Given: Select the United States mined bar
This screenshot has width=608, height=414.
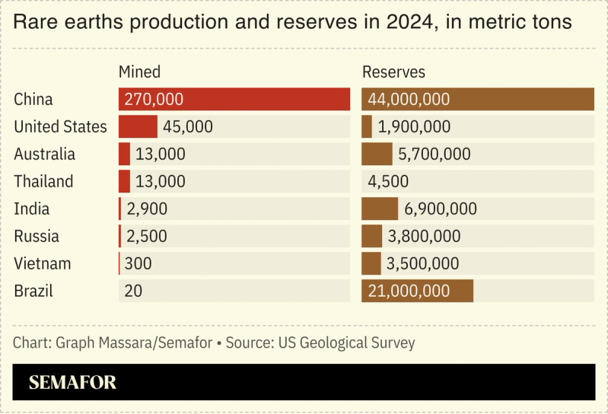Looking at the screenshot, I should tap(138, 127).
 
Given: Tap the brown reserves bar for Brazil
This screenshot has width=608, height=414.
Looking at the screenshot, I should tap(417, 291).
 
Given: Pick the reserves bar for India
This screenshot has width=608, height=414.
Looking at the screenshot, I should tap(379, 209).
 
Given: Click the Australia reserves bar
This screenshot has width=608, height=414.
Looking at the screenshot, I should tap(377, 154).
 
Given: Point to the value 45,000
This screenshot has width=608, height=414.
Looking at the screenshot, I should tap(188, 127).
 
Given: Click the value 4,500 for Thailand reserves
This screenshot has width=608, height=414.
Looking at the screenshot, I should tap(388, 182).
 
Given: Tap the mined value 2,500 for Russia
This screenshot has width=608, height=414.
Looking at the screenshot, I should tap(147, 237).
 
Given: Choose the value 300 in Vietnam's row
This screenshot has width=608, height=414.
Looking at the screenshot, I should tap(139, 264).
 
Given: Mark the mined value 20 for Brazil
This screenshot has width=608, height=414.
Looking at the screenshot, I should tap(134, 291).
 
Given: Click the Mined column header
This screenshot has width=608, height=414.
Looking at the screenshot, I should tap(139, 72).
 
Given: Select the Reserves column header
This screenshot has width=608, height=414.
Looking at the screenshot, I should tap(393, 72).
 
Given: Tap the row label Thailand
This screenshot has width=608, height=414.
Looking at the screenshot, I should tap(44, 182).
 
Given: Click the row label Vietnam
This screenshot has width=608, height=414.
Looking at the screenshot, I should tap(43, 264).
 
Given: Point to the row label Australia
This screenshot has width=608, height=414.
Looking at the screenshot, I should tap(45, 154).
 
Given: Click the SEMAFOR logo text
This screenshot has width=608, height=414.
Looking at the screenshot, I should tap(73, 383).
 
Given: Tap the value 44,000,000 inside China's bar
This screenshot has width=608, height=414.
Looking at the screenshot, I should tap(409, 100).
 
